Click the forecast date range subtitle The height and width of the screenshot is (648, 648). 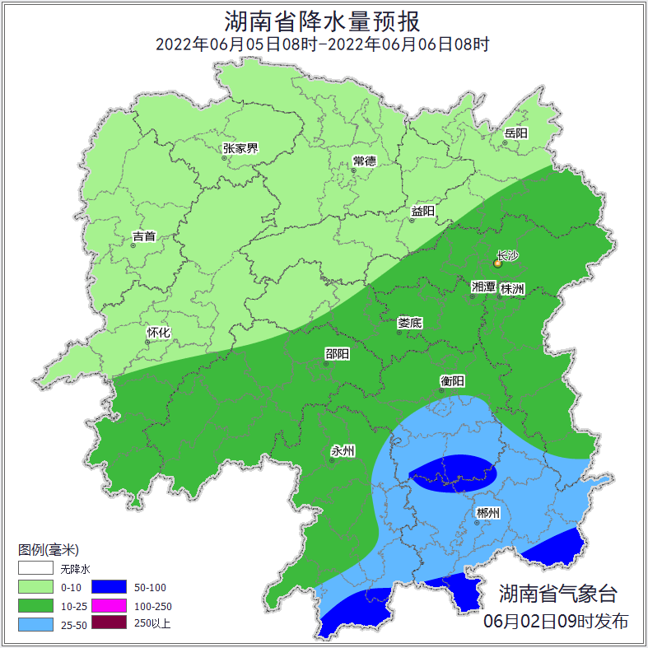coord(324,44)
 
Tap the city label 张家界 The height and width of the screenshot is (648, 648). coord(240,149)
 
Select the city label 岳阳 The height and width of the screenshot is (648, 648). coord(516,133)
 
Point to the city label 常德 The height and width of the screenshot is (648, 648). coord(364,161)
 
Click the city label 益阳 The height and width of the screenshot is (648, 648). coord(422,212)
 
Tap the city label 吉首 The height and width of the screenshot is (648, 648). coord(144,237)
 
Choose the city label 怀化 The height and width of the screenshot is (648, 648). coord(158,333)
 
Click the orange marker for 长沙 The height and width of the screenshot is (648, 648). coord(497,263)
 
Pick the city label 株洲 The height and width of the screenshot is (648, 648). coord(512,289)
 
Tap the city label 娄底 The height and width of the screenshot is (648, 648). coord(409,323)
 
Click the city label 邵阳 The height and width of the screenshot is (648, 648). coord(337,355)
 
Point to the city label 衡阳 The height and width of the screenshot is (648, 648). coord(453,381)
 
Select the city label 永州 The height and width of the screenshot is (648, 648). coord(343,451)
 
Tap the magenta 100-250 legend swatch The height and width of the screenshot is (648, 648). coord(109,606)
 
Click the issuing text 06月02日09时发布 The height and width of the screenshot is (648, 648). coord(556,622)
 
